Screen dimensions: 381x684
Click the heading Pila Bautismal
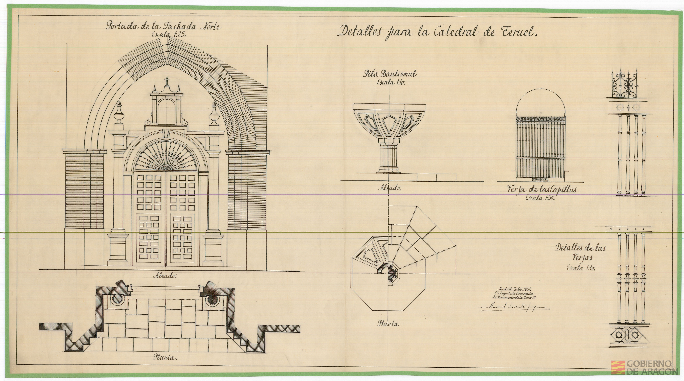(x=390, y=74)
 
